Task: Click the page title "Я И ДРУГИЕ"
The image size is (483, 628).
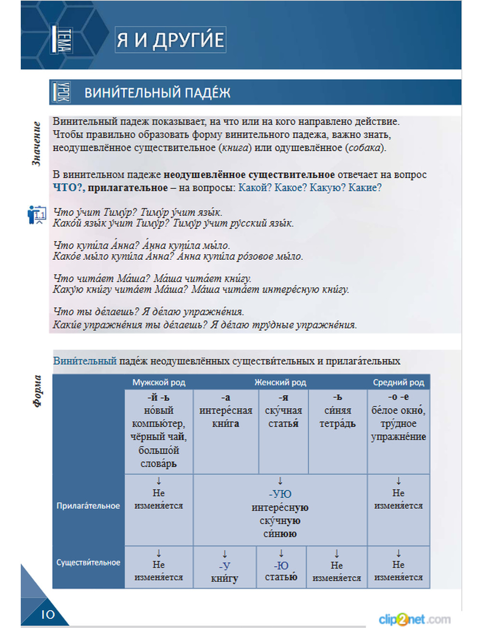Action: (170, 40)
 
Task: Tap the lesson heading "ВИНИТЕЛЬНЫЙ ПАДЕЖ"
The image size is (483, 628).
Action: (157, 92)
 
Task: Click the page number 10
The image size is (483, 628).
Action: (48, 614)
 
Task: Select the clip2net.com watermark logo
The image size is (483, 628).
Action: (414, 619)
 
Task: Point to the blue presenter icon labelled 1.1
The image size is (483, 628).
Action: (37, 214)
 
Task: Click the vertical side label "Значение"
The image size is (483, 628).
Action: (37, 144)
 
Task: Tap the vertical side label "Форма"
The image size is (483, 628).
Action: (38, 391)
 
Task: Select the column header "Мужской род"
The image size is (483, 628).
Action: (158, 383)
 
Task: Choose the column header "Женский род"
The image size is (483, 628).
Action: (280, 383)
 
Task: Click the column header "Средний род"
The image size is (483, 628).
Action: (398, 383)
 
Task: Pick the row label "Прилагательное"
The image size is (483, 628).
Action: (88, 506)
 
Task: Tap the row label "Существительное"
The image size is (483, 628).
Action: (88, 562)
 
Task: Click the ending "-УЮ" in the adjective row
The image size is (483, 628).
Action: (280, 494)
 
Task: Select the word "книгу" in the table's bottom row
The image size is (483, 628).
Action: (225, 578)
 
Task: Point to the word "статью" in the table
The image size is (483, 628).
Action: (281, 577)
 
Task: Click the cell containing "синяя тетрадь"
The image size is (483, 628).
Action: (337, 417)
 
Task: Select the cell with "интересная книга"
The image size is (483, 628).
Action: (226, 417)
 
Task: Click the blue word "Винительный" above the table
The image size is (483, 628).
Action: (85, 361)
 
